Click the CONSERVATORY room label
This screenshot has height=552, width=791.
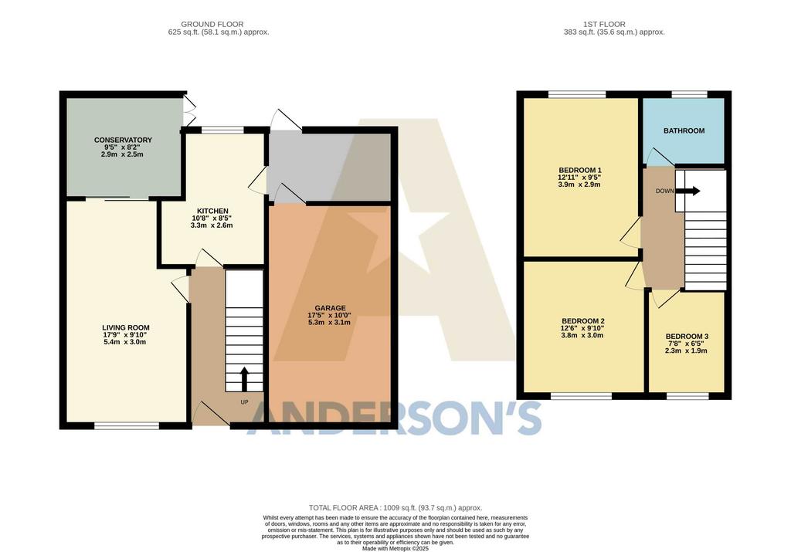[x=123, y=141]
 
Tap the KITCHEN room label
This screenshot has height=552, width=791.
[x=212, y=212]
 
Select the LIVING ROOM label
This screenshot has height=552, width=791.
[x=126, y=327]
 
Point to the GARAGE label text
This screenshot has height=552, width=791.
[x=331, y=308]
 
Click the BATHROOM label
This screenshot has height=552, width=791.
[x=684, y=130]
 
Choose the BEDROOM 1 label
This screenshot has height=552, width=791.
[x=580, y=170]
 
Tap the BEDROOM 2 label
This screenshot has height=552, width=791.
[x=583, y=321]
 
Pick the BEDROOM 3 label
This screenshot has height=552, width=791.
[x=687, y=337]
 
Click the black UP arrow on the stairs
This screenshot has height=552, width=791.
[x=244, y=379]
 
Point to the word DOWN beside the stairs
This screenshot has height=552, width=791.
[x=664, y=191]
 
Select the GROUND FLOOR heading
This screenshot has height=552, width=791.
[x=212, y=24]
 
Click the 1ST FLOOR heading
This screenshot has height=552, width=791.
[x=604, y=24]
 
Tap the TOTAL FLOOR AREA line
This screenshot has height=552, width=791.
[x=395, y=508]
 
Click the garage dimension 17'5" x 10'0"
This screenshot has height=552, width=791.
[x=329, y=315]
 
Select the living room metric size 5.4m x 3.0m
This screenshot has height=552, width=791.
[x=126, y=342]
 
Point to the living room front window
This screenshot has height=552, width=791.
[x=127, y=426]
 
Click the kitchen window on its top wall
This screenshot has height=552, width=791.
[x=222, y=130]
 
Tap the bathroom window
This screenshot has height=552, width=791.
[x=690, y=94]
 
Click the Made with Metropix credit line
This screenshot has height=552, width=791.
[x=395, y=548]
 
